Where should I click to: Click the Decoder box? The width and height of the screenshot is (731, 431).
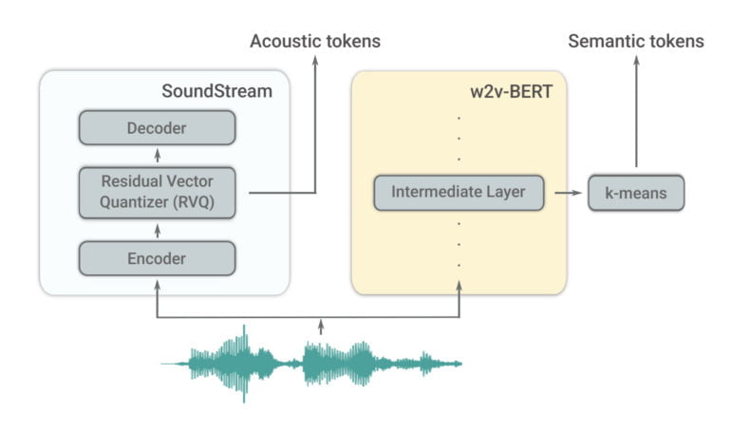157,127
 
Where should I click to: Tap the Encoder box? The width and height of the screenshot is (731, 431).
157,257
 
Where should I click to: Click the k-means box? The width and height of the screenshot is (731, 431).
636,193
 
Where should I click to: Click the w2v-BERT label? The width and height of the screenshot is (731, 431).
516,91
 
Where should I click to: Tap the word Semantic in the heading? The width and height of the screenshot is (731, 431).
602,41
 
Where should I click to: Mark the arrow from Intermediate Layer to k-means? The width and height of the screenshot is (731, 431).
568,193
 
